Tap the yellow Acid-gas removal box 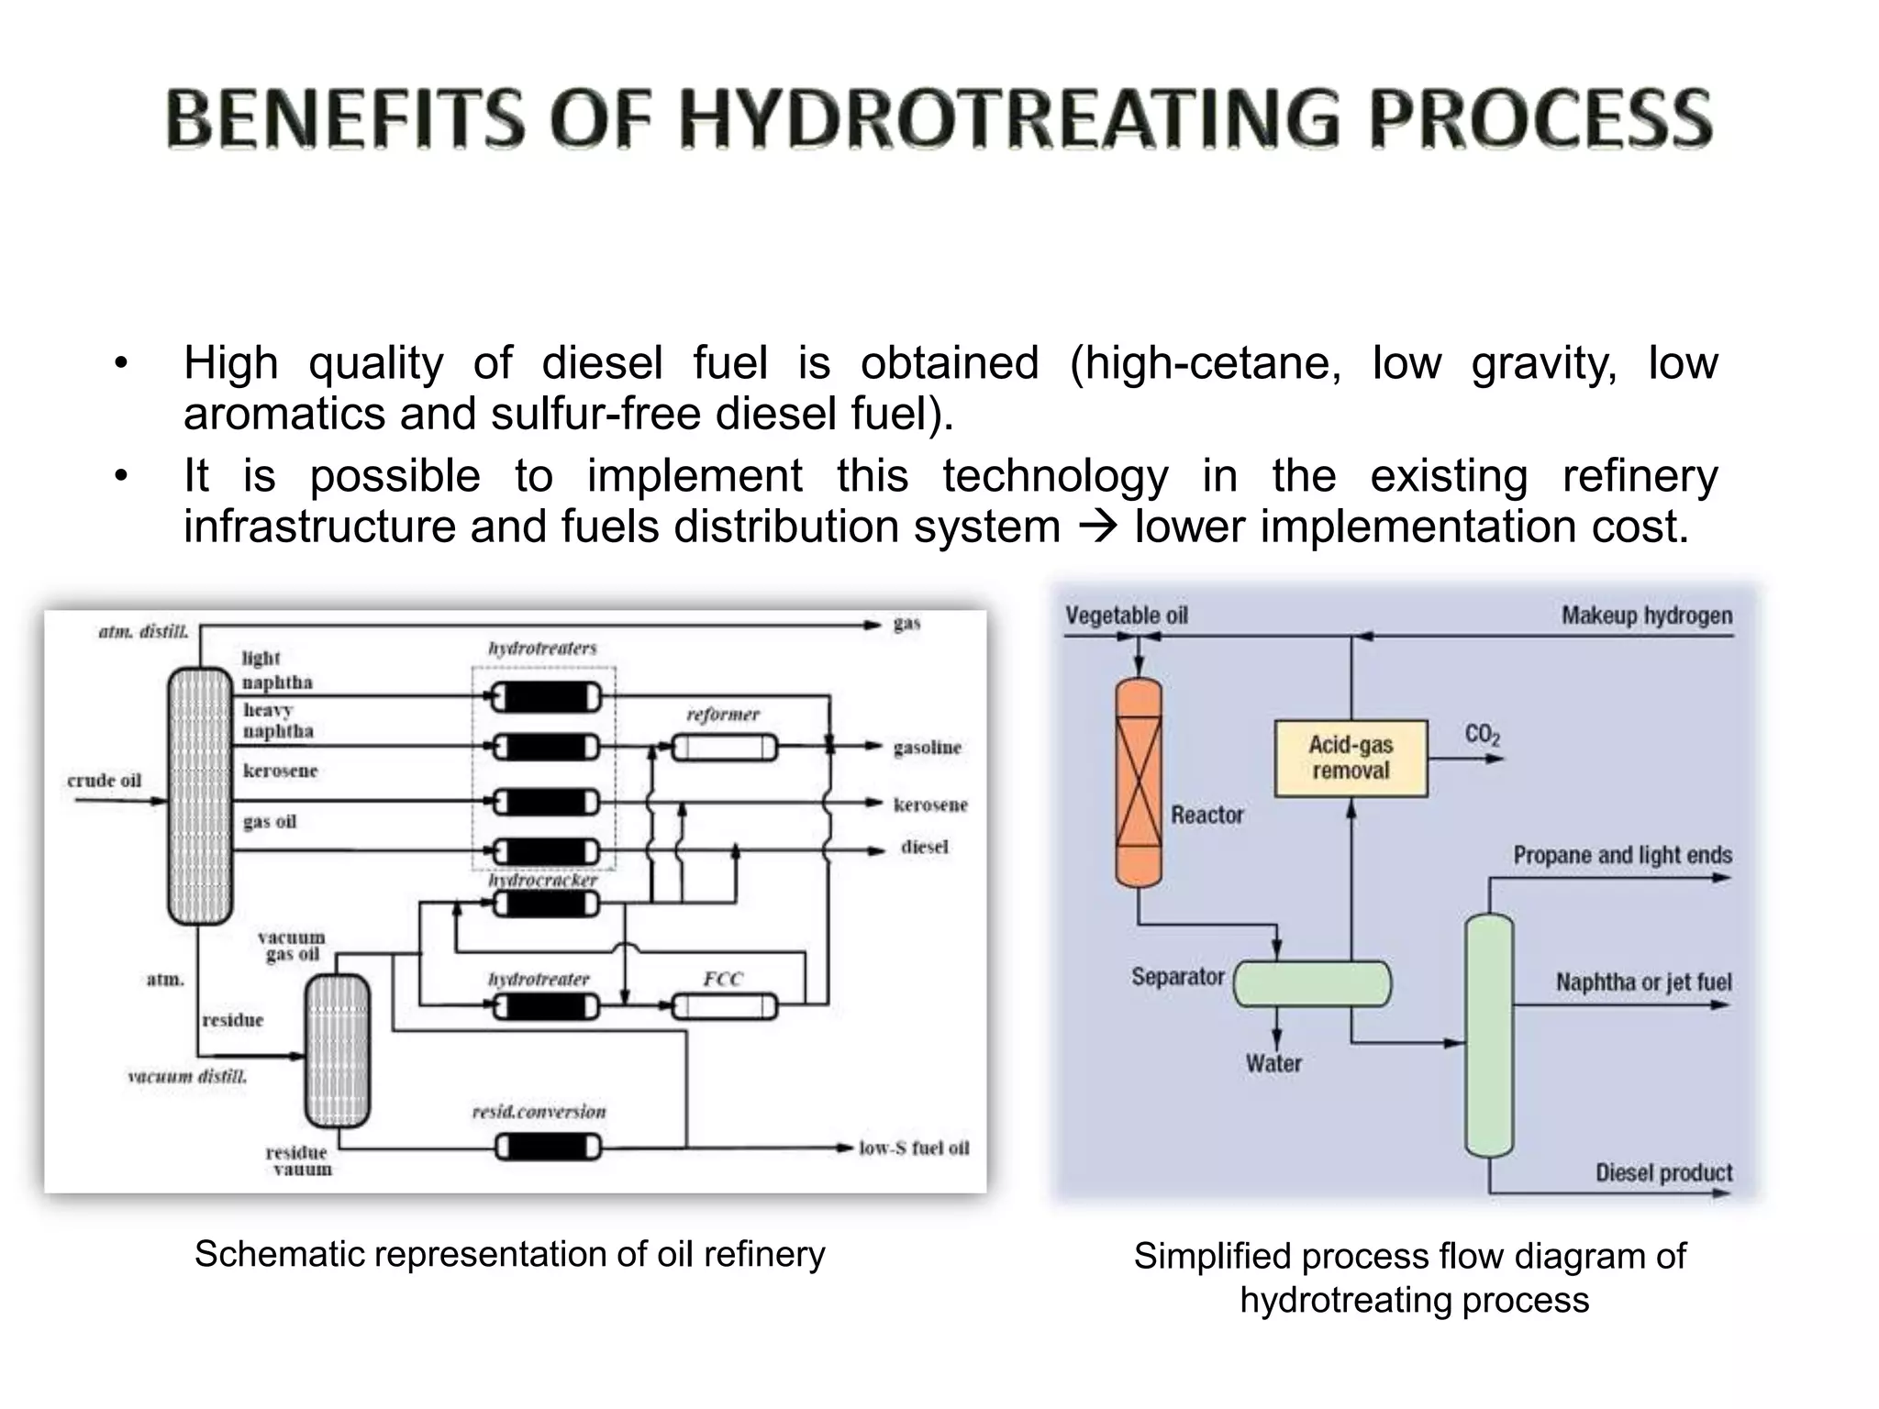point(1351,759)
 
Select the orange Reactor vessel point(1139,782)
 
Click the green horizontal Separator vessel point(1312,983)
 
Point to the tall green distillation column point(1488,1035)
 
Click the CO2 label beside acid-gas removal point(1482,735)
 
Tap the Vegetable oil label point(1126,616)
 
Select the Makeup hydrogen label point(1647,616)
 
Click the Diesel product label point(1663,1172)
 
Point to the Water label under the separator point(1273,1063)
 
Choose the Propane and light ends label point(1622,855)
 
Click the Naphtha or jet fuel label point(1643,982)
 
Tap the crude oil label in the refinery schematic point(104,781)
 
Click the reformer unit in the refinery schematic point(724,749)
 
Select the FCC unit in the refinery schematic point(724,1007)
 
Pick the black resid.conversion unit point(548,1148)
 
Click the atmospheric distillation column point(200,795)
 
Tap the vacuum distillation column point(338,1050)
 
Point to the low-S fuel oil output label point(914,1148)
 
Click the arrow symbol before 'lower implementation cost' point(1097,527)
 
